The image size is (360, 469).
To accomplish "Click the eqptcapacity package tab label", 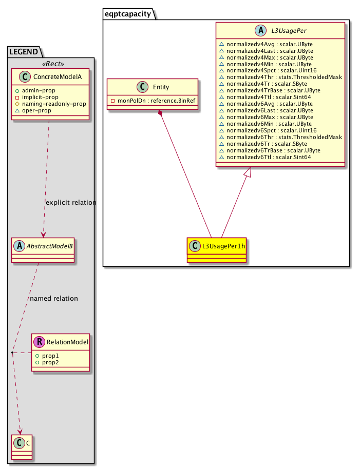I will point(129,14).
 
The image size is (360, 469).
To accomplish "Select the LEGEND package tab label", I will point(23,51).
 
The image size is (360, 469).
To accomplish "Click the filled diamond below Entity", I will point(161,112).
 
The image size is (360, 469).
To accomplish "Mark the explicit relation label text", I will point(71,202).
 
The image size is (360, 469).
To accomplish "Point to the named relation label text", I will point(54,298).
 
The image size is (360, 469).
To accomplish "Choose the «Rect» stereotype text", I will point(50,64).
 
